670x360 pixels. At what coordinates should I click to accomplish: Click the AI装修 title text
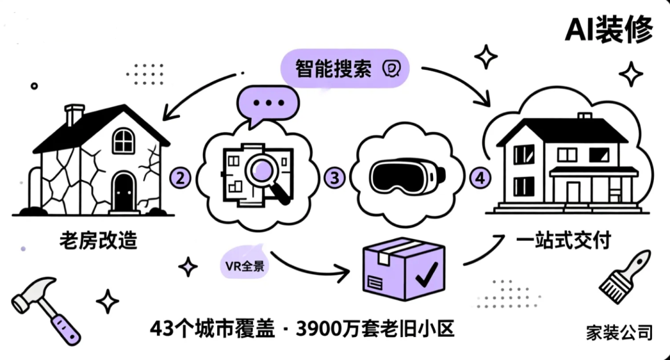tap(609, 29)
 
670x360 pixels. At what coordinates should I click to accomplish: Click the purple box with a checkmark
tap(404, 269)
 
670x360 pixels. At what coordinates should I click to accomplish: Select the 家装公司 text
tap(619, 332)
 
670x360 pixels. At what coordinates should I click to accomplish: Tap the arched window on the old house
tap(123, 140)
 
